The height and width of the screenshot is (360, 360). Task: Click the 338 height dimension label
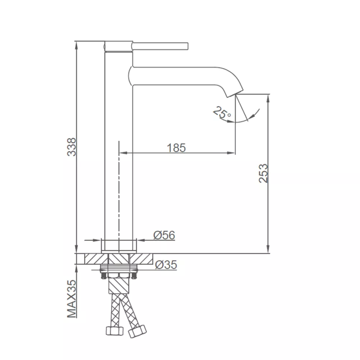point(72,147)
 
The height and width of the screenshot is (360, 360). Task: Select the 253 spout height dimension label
point(263,173)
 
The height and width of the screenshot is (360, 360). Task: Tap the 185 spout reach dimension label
point(176,148)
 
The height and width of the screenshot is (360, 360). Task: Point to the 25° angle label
point(221,112)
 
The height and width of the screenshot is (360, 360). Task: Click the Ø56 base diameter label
point(164,235)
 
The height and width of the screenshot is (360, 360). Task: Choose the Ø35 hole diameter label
point(166,265)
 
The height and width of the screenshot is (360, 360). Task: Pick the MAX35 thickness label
point(72,299)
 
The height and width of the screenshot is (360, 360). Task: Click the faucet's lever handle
point(160,46)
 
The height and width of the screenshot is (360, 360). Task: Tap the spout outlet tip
point(235,94)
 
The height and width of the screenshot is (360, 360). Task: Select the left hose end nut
point(115,331)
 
